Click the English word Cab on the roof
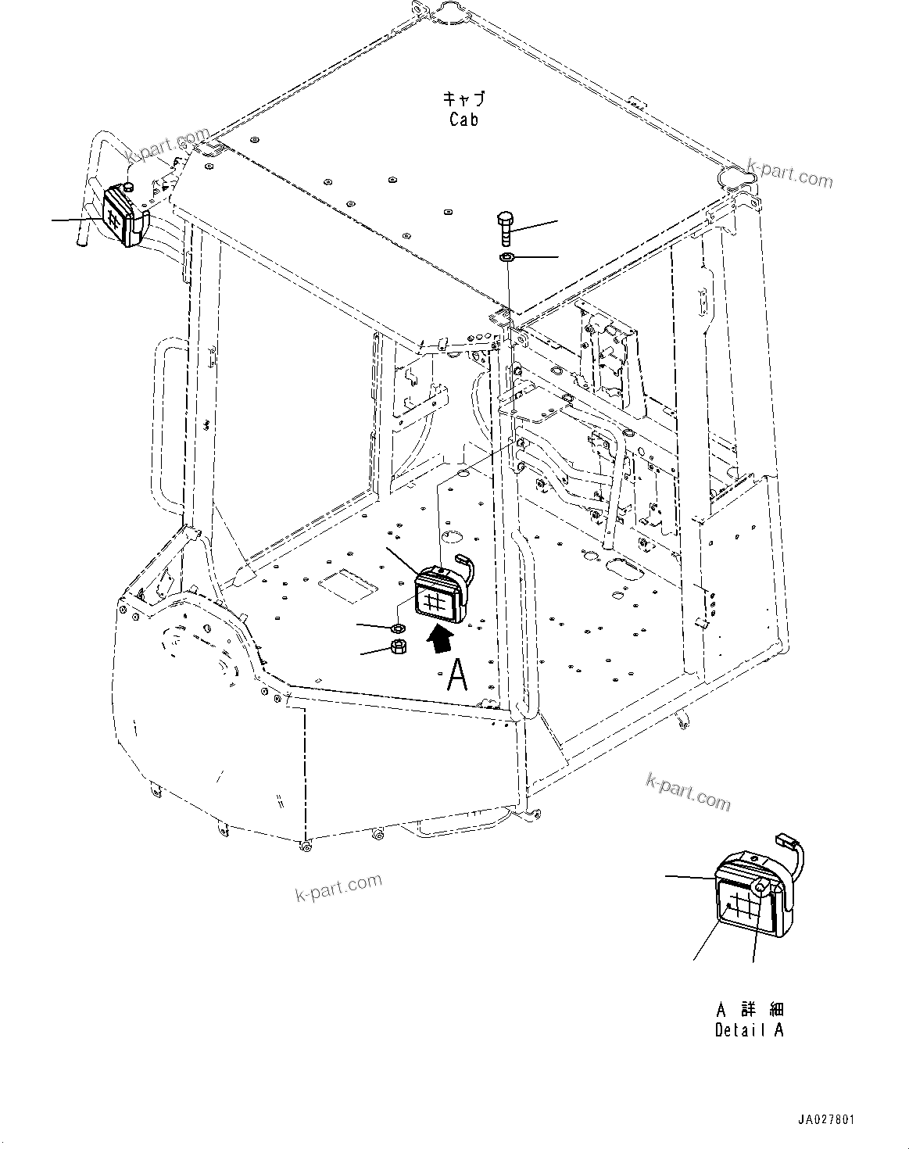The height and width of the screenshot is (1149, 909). [463, 120]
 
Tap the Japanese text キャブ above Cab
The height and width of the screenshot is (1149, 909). [463, 98]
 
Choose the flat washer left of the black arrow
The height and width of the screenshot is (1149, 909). [397, 627]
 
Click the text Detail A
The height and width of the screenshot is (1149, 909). [749, 1030]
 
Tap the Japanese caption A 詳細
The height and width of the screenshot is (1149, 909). [749, 1009]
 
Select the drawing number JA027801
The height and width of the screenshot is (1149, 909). [826, 1121]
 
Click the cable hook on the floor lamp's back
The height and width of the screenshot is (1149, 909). [465, 563]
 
